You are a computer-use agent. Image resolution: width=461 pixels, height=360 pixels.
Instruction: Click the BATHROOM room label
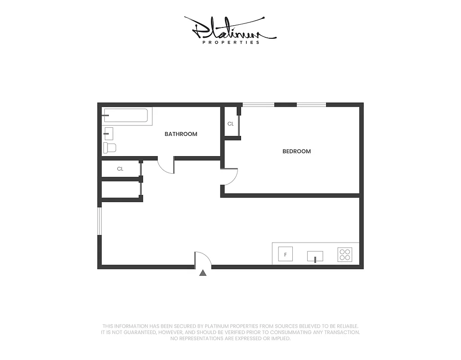[181, 134]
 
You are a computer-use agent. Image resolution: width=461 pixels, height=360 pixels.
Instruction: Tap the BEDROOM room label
[296, 151]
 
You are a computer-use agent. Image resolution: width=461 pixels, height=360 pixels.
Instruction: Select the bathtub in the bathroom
[125, 116]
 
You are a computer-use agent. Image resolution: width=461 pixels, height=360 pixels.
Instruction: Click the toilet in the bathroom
[110, 148]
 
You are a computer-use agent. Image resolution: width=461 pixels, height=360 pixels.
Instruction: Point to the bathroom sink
[108, 133]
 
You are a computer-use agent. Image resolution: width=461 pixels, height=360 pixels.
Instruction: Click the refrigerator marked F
[285, 254]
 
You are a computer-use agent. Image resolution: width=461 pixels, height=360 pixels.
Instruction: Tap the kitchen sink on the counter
[315, 256]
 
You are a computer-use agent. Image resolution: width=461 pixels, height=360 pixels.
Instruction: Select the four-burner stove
[345, 255]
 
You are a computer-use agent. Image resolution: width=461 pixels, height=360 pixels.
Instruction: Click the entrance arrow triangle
[203, 273]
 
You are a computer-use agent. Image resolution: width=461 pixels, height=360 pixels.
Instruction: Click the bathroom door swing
[166, 166]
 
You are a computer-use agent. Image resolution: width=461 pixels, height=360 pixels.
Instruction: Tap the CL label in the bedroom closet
[230, 124]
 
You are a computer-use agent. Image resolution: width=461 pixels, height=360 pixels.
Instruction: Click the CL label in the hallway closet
[120, 169]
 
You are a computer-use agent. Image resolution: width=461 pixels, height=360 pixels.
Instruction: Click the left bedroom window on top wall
[258, 105]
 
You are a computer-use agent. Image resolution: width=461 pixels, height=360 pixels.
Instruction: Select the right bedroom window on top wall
[311, 105]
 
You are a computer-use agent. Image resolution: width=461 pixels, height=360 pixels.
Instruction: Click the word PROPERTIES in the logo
[231, 42]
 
